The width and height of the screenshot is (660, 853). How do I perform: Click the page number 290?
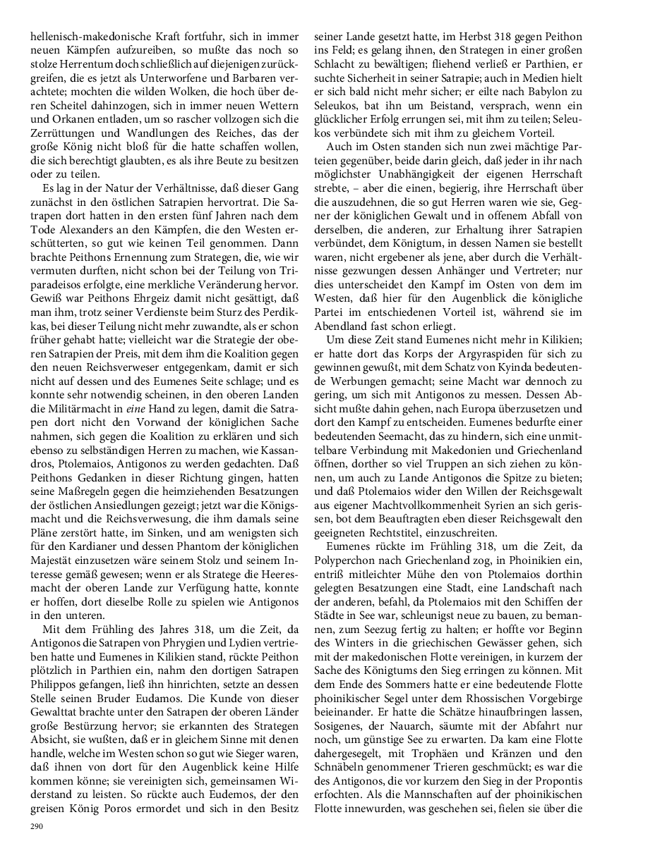coord(36,826)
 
